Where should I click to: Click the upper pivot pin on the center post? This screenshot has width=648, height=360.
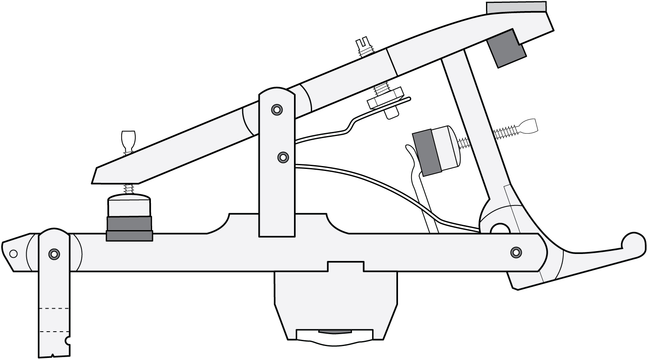(x=276, y=109)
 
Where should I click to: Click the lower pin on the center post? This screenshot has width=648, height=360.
(x=282, y=157)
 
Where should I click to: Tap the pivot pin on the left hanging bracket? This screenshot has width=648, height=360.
(x=53, y=254)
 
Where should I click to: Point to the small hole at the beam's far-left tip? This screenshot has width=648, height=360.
(x=13, y=254)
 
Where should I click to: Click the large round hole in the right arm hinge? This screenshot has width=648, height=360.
(x=500, y=228)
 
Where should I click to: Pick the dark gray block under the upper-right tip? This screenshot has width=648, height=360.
(x=506, y=48)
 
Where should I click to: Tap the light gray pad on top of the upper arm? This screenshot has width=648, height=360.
(x=516, y=7)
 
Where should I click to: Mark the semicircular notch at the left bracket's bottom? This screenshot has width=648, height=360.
(x=67, y=341)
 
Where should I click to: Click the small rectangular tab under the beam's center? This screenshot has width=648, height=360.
(x=345, y=266)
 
